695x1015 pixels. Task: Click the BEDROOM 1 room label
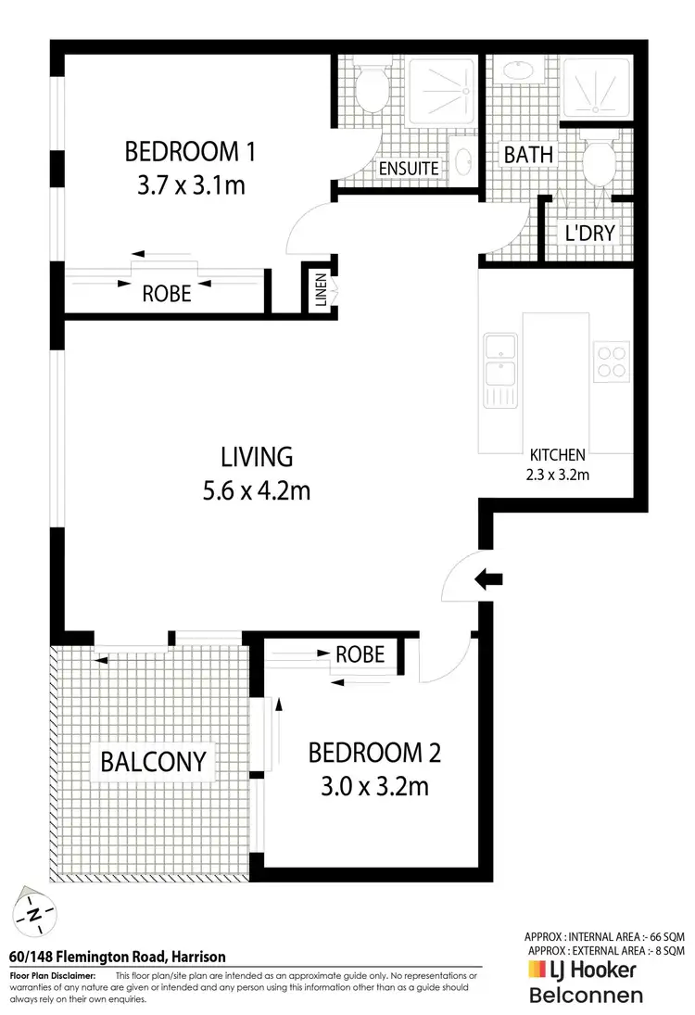point(190,150)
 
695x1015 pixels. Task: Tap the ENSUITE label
point(409,169)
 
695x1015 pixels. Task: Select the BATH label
point(528,154)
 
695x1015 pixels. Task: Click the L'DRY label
point(590,233)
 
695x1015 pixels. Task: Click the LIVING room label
point(257,456)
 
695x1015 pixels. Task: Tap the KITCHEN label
point(557,455)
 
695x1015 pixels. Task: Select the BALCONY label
point(152,762)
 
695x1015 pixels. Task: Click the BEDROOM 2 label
point(374,752)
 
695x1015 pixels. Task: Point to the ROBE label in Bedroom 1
point(167,294)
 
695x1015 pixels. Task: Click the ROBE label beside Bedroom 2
point(360,654)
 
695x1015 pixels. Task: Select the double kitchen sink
point(500,362)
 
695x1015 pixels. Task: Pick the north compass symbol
point(35,915)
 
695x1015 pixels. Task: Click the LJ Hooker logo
point(582,970)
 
